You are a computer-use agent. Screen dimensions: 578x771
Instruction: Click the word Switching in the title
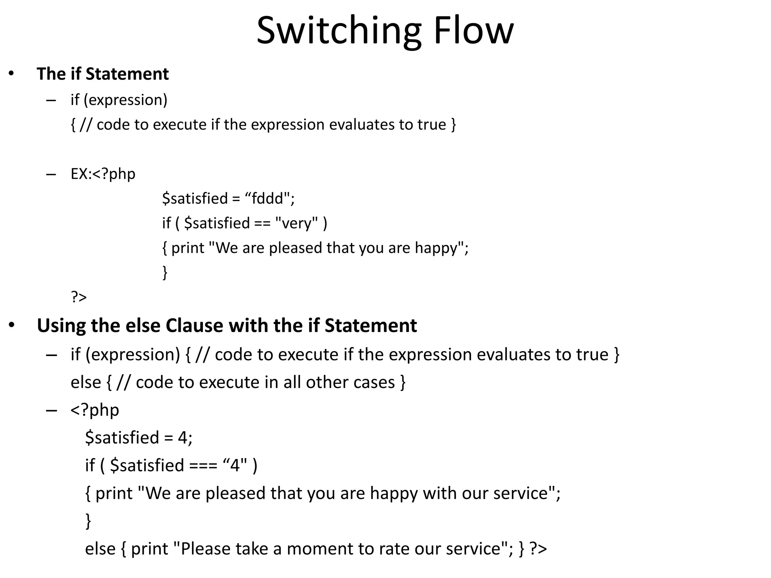pyautogui.click(x=339, y=31)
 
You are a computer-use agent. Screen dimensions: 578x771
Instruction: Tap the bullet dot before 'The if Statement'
pyautogui.click(x=11, y=73)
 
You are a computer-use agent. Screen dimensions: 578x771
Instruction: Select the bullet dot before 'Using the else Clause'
pyautogui.click(x=11, y=325)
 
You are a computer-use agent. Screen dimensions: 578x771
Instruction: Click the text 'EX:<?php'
pyautogui.click(x=103, y=174)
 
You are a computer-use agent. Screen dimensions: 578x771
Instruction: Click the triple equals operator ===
pyautogui.click(x=203, y=465)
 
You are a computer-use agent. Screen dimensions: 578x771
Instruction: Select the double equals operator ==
pyautogui.click(x=262, y=223)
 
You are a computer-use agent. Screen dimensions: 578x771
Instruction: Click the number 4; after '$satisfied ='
pyautogui.click(x=185, y=438)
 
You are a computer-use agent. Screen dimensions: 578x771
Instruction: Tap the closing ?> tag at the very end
pyautogui.click(x=538, y=549)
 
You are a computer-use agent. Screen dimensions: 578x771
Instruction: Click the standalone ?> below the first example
pyautogui.click(x=79, y=297)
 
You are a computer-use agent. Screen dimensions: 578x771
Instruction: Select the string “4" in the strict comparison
pyautogui.click(x=235, y=465)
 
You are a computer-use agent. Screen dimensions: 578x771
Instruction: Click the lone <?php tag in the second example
pyautogui.click(x=95, y=410)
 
